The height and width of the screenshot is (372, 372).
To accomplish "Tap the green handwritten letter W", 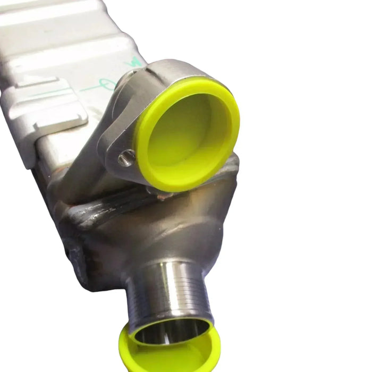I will (134, 62).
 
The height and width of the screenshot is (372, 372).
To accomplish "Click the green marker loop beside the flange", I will (106, 85).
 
